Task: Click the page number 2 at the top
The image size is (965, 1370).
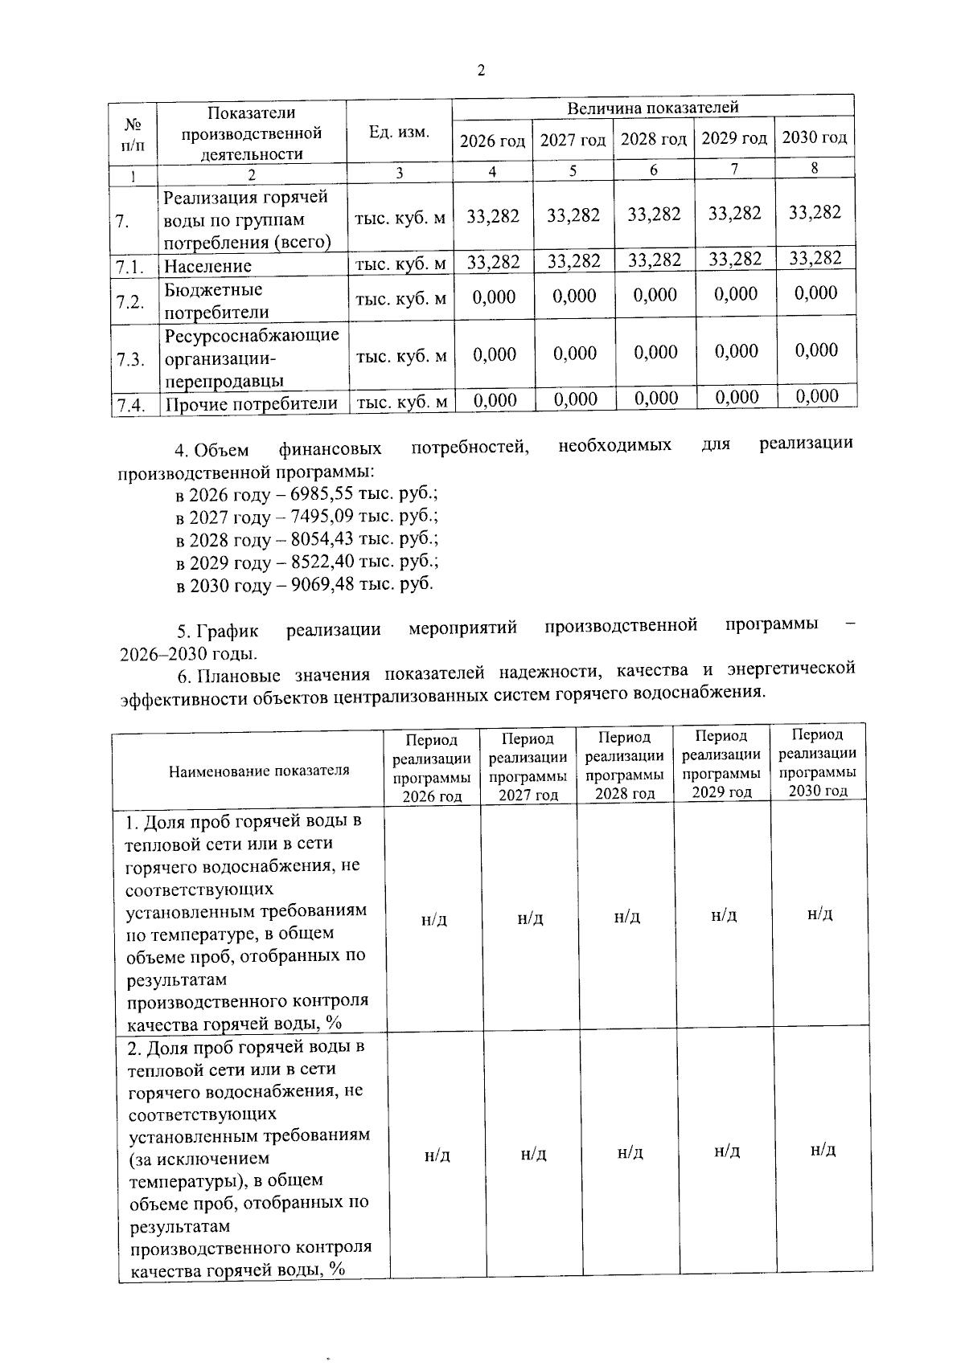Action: click(x=481, y=71)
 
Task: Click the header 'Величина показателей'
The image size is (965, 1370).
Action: click(x=652, y=108)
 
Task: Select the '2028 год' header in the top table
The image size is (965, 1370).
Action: click(x=653, y=140)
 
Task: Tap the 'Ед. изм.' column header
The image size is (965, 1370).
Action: click(x=399, y=132)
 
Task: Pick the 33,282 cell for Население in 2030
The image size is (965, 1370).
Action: click(x=815, y=259)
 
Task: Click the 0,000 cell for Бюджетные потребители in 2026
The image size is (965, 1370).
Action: click(x=494, y=297)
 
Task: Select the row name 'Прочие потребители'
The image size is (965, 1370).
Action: click(x=251, y=403)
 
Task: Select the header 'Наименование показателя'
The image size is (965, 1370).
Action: click(x=259, y=771)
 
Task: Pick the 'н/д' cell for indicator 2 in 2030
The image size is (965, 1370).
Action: click(x=823, y=1151)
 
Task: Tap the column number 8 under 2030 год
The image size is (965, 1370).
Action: click(x=815, y=169)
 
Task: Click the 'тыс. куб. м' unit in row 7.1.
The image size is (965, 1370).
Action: click(x=400, y=264)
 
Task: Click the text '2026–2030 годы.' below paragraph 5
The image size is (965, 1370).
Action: click(x=189, y=653)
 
